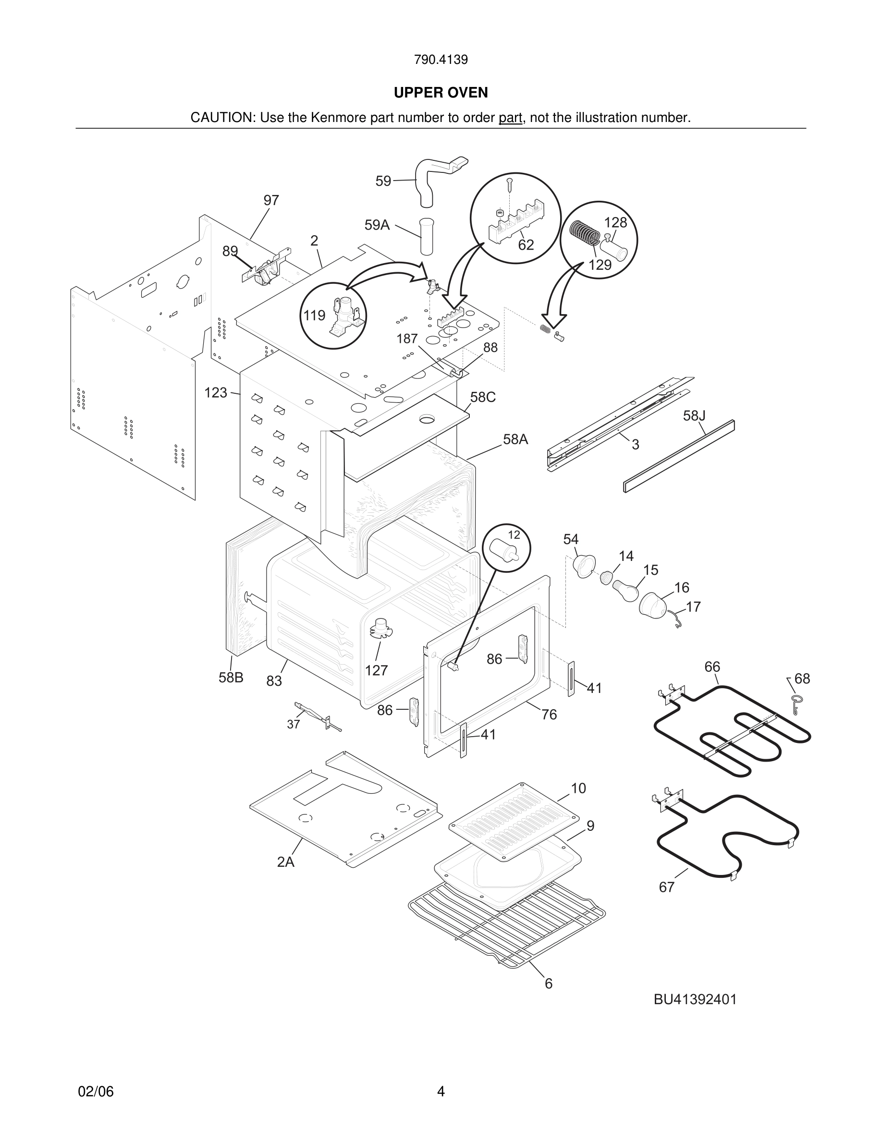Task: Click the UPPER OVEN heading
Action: tap(441, 93)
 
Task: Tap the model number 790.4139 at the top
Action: tap(441, 60)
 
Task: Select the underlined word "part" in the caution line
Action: tap(510, 118)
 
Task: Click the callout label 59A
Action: tap(377, 225)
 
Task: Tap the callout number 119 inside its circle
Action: tap(314, 315)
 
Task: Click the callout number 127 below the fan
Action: tap(376, 670)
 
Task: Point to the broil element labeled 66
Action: tap(732, 731)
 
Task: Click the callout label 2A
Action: tap(286, 862)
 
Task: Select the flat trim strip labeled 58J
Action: tap(679, 456)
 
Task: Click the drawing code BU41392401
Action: tap(695, 999)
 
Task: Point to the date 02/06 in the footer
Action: tap(96, 1092)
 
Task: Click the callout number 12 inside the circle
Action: tap(514, 534)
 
